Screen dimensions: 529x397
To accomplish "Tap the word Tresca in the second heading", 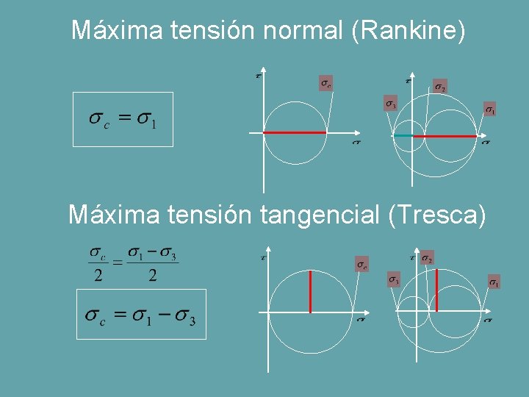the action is tap(436, 215).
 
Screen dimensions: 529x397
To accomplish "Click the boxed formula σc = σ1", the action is tap(123, 119).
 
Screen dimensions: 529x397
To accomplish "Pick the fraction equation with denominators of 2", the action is tap(133, 265).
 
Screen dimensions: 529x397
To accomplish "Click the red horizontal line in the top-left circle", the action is tap(295, 132).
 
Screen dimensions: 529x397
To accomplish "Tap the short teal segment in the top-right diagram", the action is tap(403, 136).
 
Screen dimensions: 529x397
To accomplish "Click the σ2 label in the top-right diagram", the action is tap(439, 87).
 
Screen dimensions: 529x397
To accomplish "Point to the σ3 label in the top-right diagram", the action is tap(391, 104).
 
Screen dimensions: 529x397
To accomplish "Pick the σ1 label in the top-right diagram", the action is tap(489, 110).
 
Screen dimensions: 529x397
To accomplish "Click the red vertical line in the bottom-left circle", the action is tap(311, 292).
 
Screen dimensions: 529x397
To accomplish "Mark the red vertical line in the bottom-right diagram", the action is tap(437, 291).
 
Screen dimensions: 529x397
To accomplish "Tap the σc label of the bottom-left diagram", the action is tap(362, 264).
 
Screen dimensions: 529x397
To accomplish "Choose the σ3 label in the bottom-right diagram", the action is tap(394, 279).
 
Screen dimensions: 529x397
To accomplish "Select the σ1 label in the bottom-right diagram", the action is tap(494, 282).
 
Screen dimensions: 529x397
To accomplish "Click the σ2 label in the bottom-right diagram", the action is tap(427, 258).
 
